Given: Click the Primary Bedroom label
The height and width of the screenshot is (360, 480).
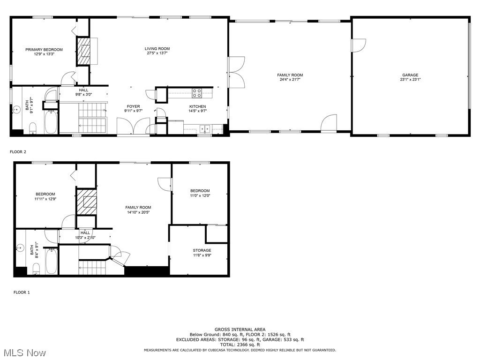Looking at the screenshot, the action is (x=44, y=50).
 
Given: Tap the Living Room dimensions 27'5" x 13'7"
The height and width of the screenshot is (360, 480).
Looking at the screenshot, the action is (x=157, y=53).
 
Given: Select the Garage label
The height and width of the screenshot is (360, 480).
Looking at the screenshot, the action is (x=410, y=75).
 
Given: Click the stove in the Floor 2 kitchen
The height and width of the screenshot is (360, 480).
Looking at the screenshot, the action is (x=197, y=93).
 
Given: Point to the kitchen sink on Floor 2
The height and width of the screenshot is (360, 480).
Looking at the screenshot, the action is (x=205, y=129).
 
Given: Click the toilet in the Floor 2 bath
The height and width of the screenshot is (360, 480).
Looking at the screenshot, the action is (x=33, y=128).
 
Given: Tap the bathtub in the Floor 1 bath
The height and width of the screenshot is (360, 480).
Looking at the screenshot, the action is (x=52, y=261).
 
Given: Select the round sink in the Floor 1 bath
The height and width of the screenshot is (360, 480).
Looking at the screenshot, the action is (x=20, y=247).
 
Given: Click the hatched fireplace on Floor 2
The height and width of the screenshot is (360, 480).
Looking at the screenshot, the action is (x=83, y=51).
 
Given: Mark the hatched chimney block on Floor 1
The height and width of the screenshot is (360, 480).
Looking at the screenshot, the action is (x=86, y=202).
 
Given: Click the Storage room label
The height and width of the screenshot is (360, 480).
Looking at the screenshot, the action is (x=202, y=250).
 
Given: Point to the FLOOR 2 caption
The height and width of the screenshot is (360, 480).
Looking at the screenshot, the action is (x=18, y=152).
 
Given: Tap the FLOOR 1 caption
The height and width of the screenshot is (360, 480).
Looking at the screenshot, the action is (x=22, y=292).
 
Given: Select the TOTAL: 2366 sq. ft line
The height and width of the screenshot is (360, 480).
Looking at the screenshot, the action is (x=240, y=345).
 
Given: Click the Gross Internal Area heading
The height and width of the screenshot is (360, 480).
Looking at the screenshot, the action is (x=240, y=330).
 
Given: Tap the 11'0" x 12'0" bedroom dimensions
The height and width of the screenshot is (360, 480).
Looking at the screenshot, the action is (x=200, y=195).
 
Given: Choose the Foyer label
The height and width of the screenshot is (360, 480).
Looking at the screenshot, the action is (x=133, y=106).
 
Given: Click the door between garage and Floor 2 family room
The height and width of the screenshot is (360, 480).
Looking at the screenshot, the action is (x=359, y=45).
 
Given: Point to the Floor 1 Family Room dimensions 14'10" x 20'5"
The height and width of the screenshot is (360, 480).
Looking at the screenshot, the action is (x=138, y=212).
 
